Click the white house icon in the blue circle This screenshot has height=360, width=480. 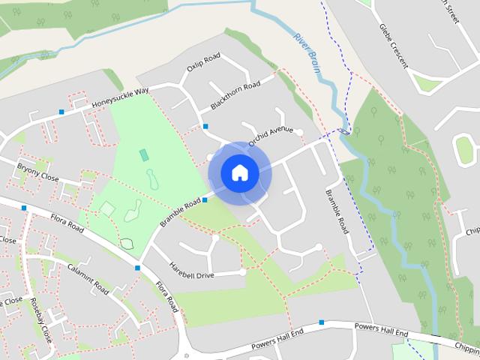(x=239, y=173)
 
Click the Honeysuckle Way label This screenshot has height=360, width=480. (x=121, y=100)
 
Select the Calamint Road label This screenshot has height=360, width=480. (x=88, y=278)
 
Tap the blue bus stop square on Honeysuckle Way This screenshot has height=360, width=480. (x=61, y=112)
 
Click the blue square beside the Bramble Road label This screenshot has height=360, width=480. (x=205, y=199)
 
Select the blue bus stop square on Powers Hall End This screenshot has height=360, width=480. (x=321, y=322)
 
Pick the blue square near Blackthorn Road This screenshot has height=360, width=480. (x=205, y=127)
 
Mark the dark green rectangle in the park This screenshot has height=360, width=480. (x=143, y=154)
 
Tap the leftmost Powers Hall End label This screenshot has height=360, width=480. (x=277, y=338)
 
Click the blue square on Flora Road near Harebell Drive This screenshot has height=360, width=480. (x=138, y=267)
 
